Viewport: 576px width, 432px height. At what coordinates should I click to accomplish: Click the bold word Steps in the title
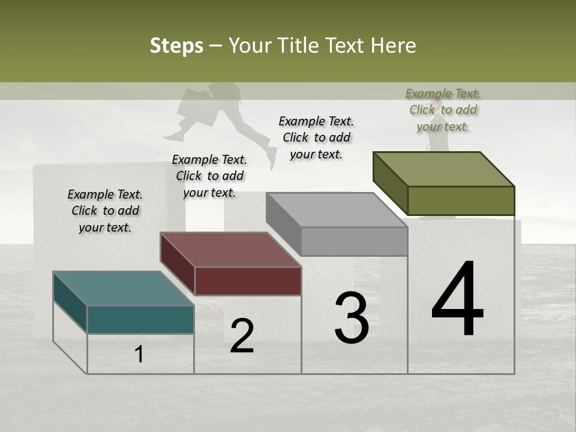point(176,46)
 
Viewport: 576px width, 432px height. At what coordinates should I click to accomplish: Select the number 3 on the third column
point(351,318)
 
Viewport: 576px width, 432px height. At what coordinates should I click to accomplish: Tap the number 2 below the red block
point(242,336)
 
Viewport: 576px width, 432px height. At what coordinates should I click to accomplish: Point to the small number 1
point(139,355)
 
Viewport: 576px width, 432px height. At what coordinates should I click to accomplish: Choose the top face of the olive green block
point(443,169)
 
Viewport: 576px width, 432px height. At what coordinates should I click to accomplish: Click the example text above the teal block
point(105,211)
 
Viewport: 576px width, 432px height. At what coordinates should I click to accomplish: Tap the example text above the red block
point(209,176)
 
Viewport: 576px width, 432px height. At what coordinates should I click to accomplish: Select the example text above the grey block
point(316,137)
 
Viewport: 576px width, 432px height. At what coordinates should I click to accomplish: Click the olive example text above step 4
point(443,110)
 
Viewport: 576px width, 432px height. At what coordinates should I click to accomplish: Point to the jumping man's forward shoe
point(272,157)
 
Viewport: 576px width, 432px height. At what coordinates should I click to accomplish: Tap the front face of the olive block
point(461,200)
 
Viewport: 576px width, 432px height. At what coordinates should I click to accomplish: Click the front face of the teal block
point(140,319)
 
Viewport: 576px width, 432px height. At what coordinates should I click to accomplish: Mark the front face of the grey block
point(354,241)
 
